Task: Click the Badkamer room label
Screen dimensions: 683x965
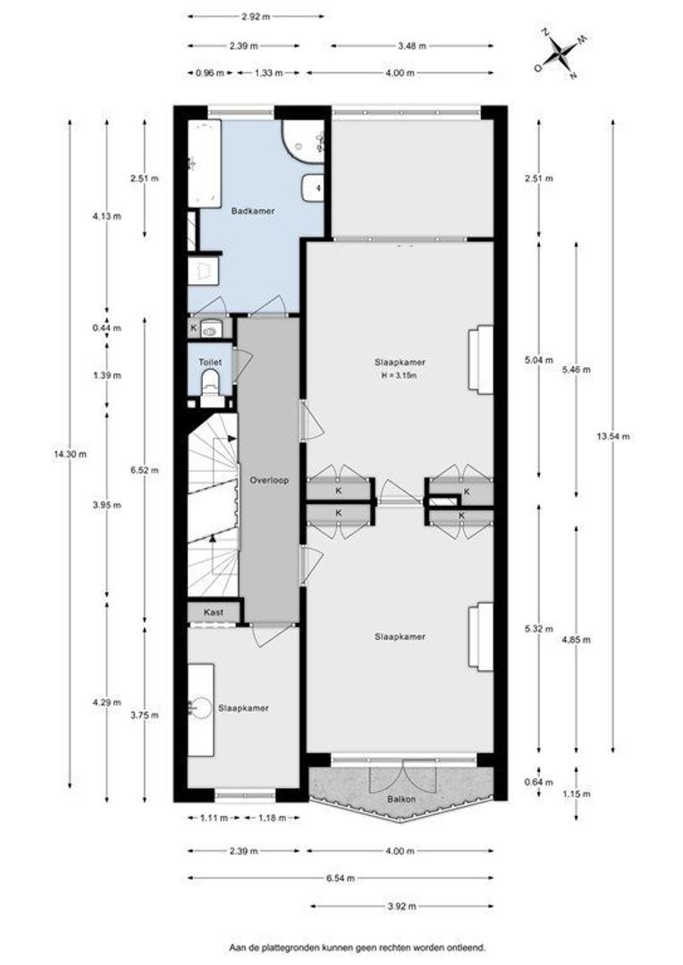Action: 252,211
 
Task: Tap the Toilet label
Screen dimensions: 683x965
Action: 209,363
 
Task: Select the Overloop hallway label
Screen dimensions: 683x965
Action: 268,480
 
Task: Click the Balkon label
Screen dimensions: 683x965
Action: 401,800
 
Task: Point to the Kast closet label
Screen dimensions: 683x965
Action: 213,613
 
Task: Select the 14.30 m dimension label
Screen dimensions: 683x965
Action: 70,454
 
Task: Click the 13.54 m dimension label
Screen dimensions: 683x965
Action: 612,437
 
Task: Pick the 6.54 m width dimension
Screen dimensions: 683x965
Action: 340,878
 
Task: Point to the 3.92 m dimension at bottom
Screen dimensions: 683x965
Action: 401,906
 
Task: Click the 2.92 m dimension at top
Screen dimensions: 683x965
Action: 256,17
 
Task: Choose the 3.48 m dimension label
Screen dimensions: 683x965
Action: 412,46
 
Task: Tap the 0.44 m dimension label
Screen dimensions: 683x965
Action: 107,328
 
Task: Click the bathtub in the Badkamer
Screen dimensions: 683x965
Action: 204,164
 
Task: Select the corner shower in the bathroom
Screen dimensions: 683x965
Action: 303,141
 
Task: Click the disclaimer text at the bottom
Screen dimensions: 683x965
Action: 358,948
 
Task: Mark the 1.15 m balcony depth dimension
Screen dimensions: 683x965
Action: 576,794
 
